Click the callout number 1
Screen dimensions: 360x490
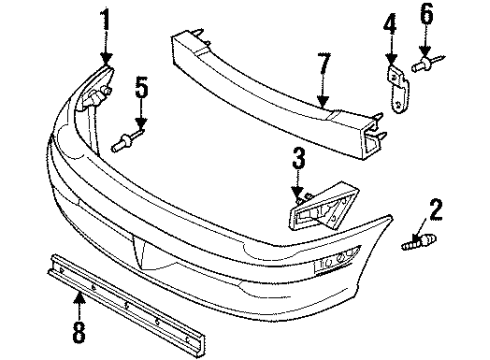tap(106, 19)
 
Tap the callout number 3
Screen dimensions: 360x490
tap(299, 157)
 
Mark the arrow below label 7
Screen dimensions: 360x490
tap(322, 96)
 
